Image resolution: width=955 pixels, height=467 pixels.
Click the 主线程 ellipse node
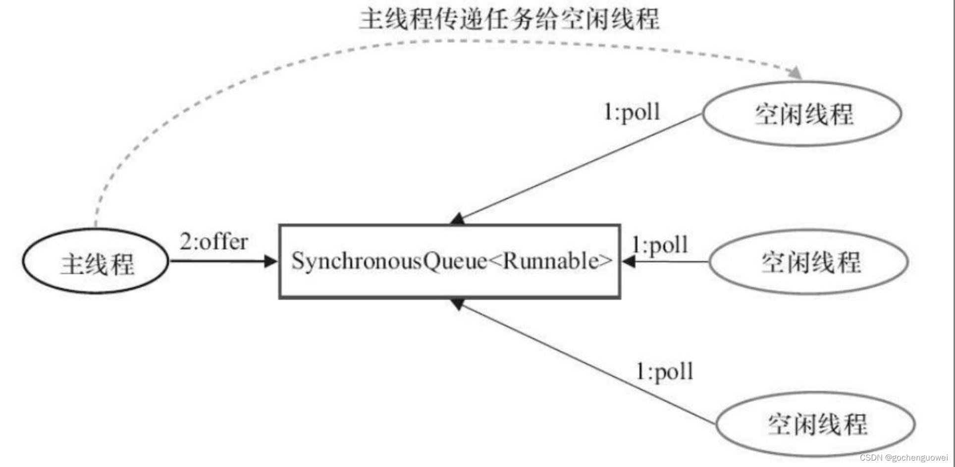pyautogui.click(x=96, y=262)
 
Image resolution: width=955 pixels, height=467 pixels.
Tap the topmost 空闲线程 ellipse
pyautogui.click(x=802, y=114)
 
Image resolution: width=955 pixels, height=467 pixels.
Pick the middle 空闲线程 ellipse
pyautogui.click(x=808, y=262)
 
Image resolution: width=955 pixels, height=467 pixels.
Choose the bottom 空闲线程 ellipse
pyautogui.click(x=815, y=424)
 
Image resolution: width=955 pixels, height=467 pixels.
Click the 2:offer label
pyautogui.click(x=213, y=242)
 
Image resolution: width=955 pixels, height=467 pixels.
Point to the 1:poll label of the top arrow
pyautogui.click(x=632, y=112)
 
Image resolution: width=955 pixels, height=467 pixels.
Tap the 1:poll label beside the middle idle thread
pyautogui.click(x=660, y=245)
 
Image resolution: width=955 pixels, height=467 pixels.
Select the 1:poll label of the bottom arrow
pyautogui.click(x=664, y=372)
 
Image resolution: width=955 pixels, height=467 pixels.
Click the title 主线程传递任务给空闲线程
pyautogui.click(x=509, y=19)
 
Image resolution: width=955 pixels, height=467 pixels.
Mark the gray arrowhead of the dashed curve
pyautogui.click(x=796, y=73)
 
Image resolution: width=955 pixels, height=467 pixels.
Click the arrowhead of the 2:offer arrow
pyautogui.click(x=271, y=261)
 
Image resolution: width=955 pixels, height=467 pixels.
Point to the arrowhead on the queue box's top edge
pyautogui.click(x=458, y=219)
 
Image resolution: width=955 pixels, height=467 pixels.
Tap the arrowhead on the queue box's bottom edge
pyautogui.click(x=458, y=303)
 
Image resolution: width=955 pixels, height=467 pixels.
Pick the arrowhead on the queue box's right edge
pyautogui.click(x=628, y=261)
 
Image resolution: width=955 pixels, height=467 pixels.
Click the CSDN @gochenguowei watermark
pyautogui.click(x=903, y=458)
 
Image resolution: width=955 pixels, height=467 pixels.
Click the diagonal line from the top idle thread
pyautogui.click(x=580, y=167)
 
